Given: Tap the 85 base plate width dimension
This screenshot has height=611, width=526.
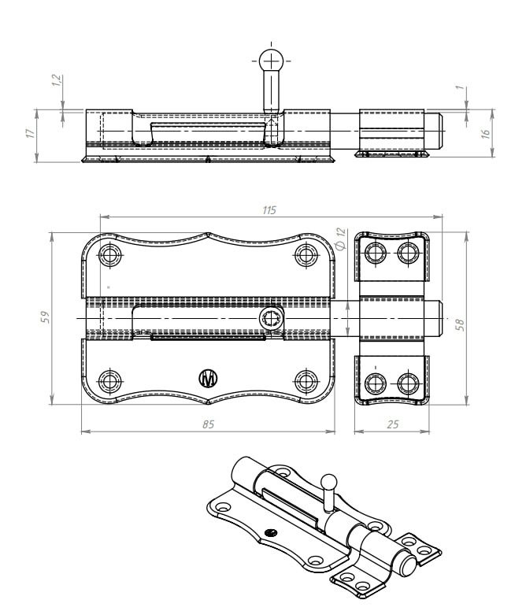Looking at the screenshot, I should [x=208, y=424].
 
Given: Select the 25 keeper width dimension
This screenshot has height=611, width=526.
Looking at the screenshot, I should [x=393, y=424].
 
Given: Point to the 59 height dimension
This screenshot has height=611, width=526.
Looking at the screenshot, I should [x=45, y=317].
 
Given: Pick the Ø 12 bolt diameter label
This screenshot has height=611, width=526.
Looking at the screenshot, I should [x=340, y=239].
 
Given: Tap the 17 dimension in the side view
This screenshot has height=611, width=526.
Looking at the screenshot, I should [x=31, y=134].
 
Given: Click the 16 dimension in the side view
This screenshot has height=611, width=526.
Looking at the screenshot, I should [x=485, y=134].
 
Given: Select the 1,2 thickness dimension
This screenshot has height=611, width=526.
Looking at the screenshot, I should [x=56, y=81].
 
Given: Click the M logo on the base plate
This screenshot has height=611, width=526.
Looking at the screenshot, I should [x=209, y=379].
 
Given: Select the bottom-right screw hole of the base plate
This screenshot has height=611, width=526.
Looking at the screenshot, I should [x=307, y=381].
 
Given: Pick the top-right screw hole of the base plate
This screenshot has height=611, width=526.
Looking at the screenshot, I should [x=307, y=254].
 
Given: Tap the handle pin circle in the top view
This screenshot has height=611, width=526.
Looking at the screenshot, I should [x=269, y=318].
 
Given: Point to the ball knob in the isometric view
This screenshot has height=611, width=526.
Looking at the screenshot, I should [x=328, y=479].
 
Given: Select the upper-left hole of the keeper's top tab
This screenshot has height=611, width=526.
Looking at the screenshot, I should [x=375, y=253].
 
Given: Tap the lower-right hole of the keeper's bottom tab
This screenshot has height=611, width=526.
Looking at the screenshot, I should [x=408, y=383].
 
